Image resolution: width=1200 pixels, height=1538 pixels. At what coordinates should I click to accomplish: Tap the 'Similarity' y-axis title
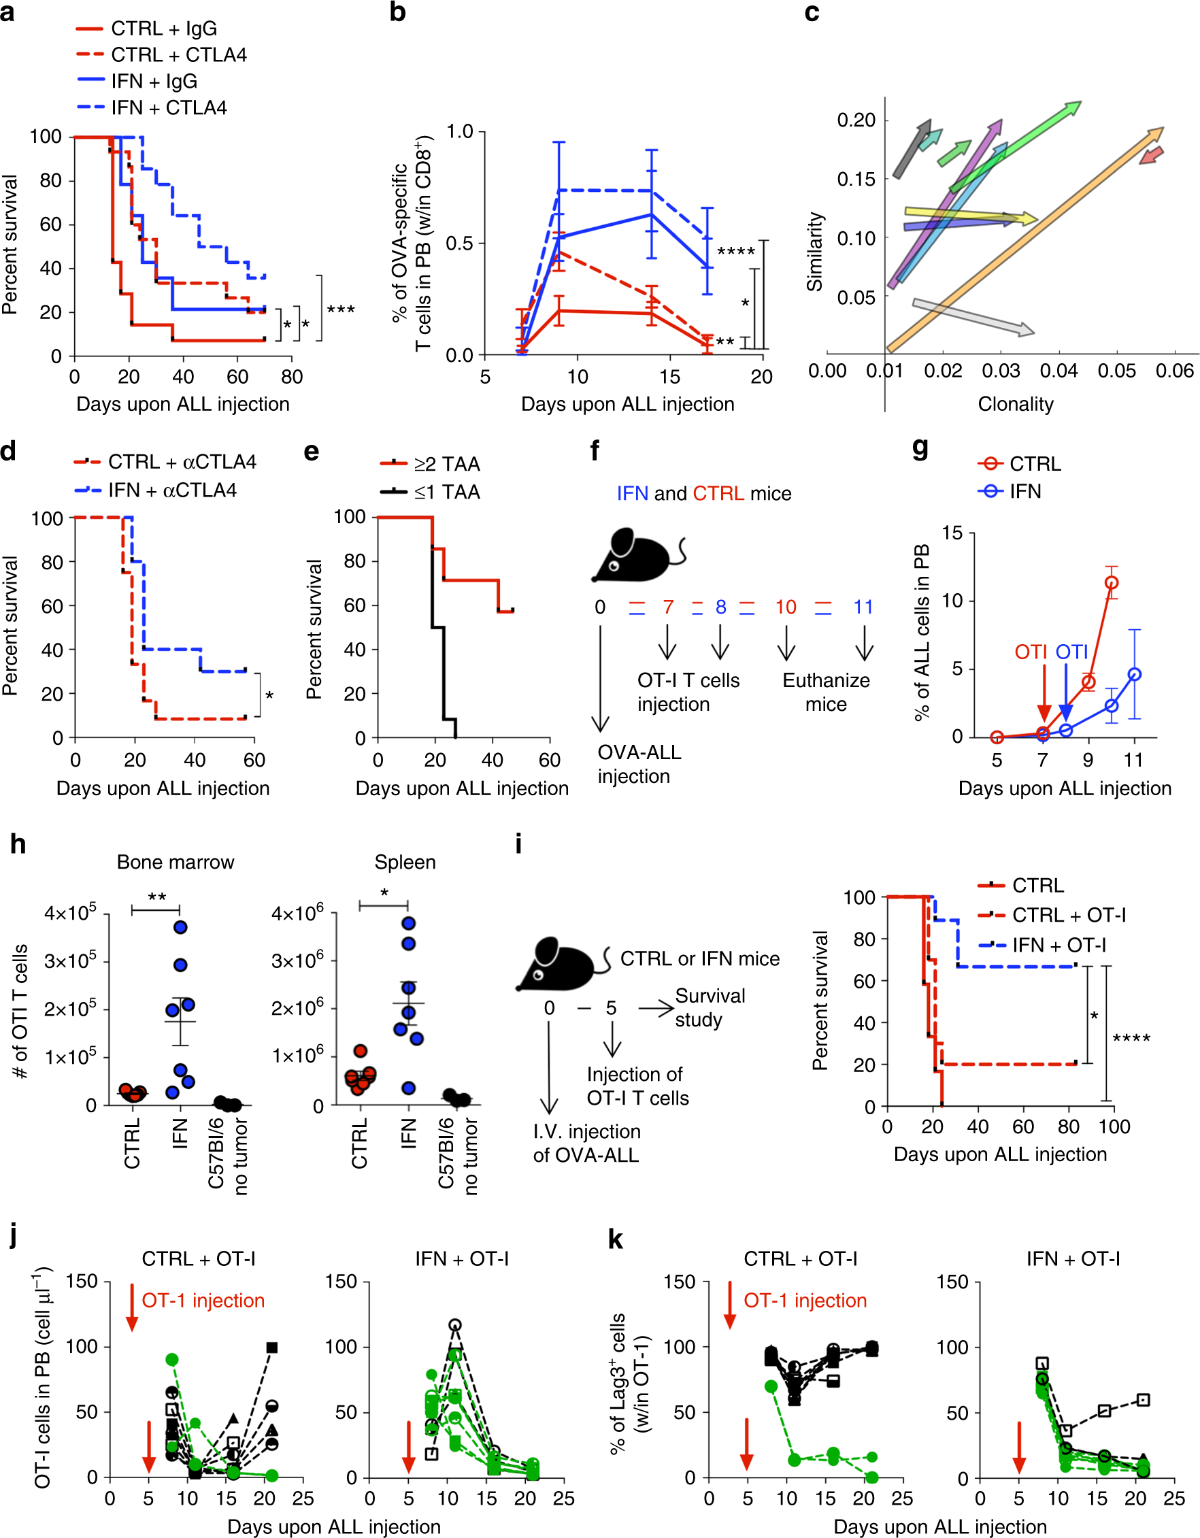[815, 252]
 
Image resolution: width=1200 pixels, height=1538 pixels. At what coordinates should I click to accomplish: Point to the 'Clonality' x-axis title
[1015, 404]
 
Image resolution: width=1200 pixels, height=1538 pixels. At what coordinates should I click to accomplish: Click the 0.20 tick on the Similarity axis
[856, 120]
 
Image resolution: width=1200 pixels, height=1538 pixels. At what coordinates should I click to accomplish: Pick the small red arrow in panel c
[1151, 156]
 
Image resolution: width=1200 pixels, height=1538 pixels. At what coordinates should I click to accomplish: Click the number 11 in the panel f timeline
[863, 607]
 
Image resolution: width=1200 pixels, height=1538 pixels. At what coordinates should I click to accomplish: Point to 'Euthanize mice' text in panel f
[826, 692]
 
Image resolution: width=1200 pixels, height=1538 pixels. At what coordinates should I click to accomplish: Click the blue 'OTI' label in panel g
[1071, 652]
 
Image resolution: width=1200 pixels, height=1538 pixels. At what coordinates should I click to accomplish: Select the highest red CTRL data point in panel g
[1112, 582]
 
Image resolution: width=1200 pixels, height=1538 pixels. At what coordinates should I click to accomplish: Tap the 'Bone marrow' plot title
[176, 862]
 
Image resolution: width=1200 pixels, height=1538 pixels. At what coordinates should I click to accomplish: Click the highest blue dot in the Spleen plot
[408, 923]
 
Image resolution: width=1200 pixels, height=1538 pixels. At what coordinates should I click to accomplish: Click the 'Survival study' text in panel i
[709, 1007]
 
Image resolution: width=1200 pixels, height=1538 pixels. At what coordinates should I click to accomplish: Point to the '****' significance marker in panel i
[1131, 1039]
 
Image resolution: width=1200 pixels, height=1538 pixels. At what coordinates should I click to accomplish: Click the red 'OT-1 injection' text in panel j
[203, 1301]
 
